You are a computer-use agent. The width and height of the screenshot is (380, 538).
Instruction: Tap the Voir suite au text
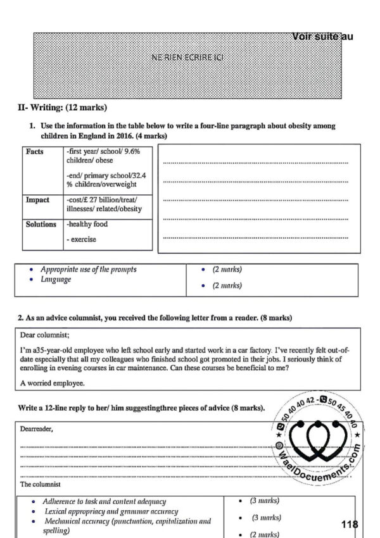323,37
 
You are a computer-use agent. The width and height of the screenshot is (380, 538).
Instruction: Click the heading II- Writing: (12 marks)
62,107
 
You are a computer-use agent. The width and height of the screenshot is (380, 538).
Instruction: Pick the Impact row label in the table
37,199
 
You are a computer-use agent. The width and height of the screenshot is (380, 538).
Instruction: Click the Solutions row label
41,224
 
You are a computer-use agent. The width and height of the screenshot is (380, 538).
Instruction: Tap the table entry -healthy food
87,224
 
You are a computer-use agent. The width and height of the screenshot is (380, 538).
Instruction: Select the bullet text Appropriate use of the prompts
88,269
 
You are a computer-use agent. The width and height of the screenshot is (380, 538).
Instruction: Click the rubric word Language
56,279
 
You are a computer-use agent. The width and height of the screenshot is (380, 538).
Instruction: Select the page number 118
349,524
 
